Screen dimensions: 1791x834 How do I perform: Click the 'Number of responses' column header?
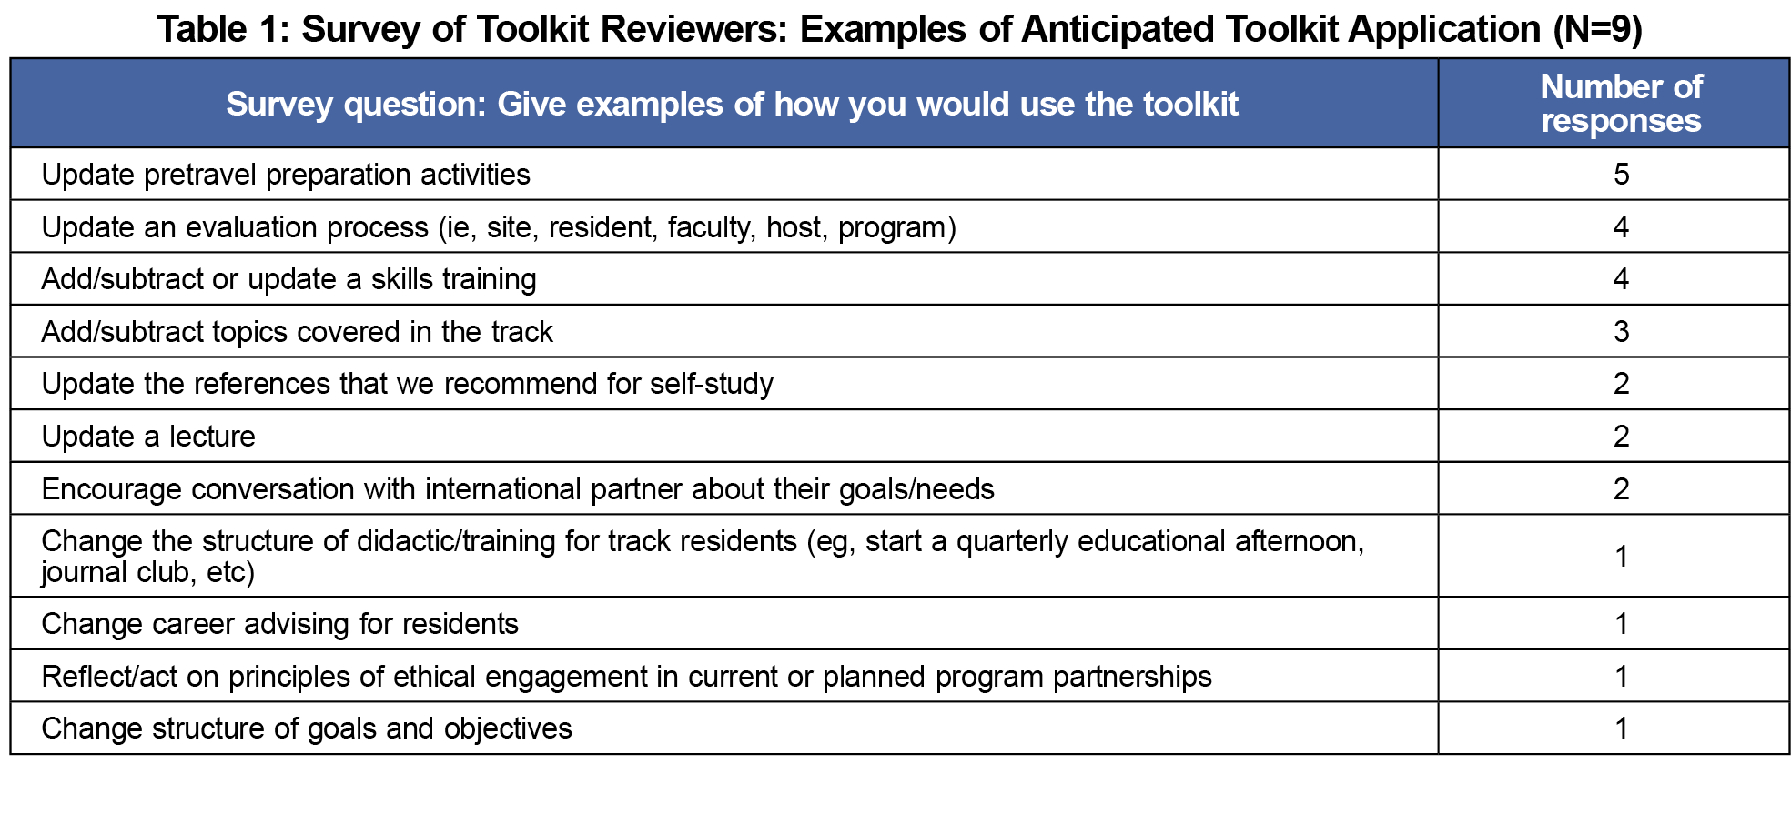(x=1621, y=104)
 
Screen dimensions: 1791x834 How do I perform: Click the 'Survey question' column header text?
(x=732, y=105)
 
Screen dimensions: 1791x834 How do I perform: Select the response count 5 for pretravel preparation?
(x=1621, y=175)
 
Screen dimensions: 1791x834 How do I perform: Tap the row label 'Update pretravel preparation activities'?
(x=286, y=175)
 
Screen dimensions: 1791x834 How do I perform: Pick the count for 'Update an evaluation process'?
(x=1621, y=227)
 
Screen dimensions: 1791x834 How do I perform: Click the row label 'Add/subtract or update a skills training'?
(x=288, y=279)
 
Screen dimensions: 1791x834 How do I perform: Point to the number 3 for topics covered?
(x=1621, y=332)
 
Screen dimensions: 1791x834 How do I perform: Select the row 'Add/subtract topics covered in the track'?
(x=297, y=332)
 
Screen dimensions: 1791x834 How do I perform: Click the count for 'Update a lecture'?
(x=1621, y=437)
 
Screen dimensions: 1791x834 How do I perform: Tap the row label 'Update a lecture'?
(x=148, y=437)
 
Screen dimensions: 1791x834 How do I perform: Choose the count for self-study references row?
(x=1621, y=384)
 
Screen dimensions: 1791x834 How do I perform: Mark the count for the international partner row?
(x=1621, y=489)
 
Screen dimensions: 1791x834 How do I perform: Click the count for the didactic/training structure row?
(x=1621, y=557)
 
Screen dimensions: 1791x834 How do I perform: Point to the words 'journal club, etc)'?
(x=148, y=572)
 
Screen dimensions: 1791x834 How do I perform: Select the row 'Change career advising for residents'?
(x=279, y=624)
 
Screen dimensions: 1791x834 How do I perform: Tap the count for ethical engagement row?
(x=1621, y=677)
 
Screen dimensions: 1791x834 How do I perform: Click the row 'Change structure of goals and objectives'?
(x=307, y=728)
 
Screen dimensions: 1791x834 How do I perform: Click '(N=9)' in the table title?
(x=1597, y=30)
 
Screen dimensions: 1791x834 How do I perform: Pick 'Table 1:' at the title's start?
(x=223, y=30)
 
